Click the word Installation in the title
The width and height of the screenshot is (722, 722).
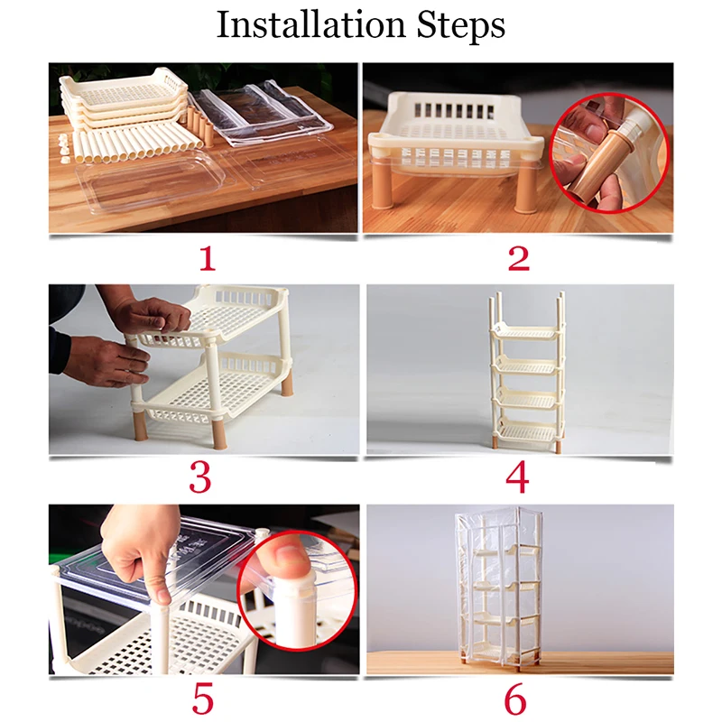(x=310, y=24)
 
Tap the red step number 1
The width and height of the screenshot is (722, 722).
(x=207, y=258)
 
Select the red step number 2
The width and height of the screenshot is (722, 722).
(x=518, y=258)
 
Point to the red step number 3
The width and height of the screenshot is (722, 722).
(x=200, y=478)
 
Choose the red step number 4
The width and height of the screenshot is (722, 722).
(x=517, y=478)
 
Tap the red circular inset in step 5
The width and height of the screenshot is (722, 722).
(x=298, y=590)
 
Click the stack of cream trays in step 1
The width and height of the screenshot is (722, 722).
(x=124, y=100)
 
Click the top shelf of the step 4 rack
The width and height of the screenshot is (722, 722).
(x=526, y=331)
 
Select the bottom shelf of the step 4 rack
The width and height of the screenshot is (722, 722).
(x=526, y=430)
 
